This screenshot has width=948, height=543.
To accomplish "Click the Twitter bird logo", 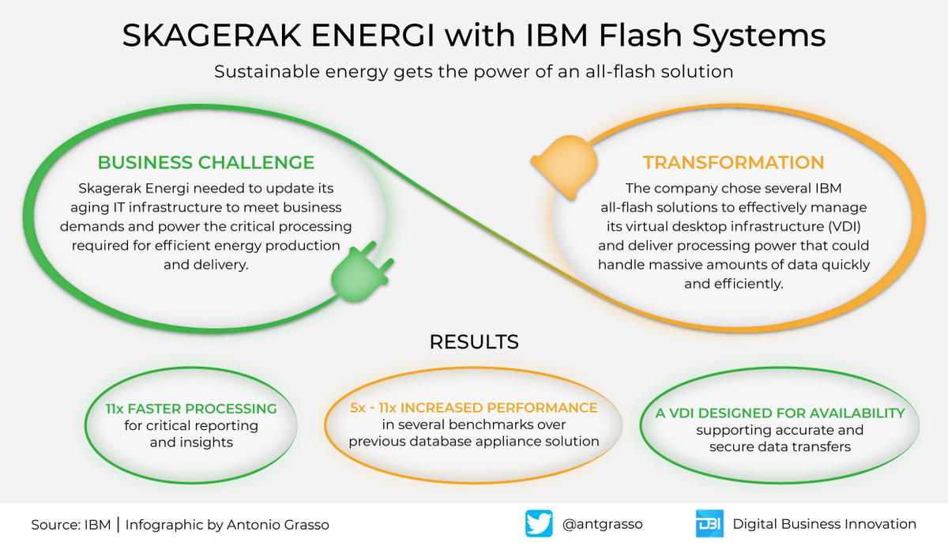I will click(x=539, y=524).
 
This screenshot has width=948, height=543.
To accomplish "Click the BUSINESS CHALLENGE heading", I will click(x=205, y=164).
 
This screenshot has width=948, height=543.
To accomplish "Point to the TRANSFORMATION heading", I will click(x=733, y=164).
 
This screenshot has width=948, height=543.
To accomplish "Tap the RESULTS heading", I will click(x=474, y=342).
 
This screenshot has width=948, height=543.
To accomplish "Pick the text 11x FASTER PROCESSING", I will click(x=191, y=409).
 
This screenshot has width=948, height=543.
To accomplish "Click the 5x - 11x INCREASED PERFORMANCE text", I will click(x=473, y=408).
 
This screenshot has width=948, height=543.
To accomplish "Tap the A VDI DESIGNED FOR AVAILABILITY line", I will click(x=780, y=413).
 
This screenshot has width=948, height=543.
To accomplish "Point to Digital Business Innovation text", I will click(x=824, y=524).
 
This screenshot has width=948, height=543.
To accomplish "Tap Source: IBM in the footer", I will click(x=72, y=525).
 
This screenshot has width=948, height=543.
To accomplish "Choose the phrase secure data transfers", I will click(x=780, y=447).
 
